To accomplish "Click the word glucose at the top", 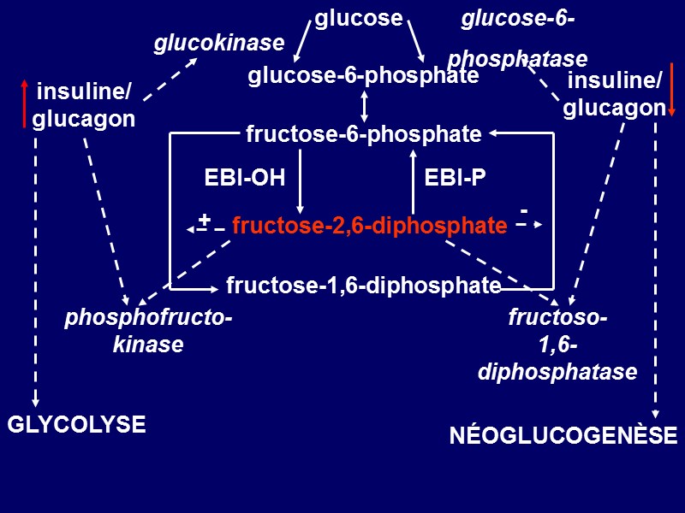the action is (x=358, y=18).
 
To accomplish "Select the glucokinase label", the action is (x=218, y=43).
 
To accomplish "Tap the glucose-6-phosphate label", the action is (x=363, y=76).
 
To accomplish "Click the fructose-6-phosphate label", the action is (x=363, y=134).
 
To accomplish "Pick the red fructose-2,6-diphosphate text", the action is (x=369, y=226).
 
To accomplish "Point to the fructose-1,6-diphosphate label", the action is (x=363, y=285).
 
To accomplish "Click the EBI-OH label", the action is (x=244, y=178).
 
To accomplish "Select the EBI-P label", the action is (x=455, y=178).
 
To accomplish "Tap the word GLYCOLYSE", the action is (x=76, y=424).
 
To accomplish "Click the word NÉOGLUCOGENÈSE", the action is (x=563, y=436).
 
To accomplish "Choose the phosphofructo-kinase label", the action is (x=148, y=332).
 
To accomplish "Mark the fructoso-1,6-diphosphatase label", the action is (x=557, y=345).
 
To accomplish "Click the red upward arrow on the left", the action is (x=24, y=103).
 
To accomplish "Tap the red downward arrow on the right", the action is (x=673, y=89).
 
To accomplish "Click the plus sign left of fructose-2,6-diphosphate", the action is (x=204, y=220).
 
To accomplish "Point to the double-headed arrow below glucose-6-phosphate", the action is (x=365, y=105).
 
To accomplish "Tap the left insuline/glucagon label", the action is (x=84, y=104).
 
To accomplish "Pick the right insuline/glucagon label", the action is (x=615, y=94).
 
